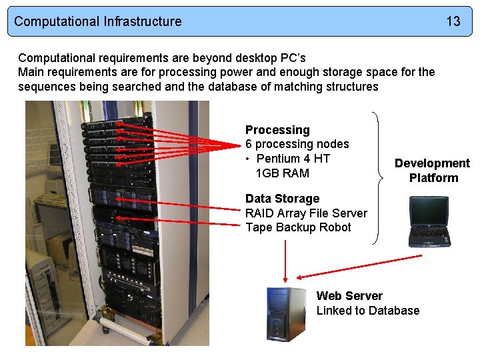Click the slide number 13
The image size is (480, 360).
(x=453, y=21)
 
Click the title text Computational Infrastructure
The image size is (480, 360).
(x=97, y=21)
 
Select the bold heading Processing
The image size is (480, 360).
(x=277, y=130)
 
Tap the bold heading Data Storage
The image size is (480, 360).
(x=282, y=199)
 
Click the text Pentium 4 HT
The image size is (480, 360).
(x=293, y=159)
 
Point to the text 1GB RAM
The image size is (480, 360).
(x=282, y=173)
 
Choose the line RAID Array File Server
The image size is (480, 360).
(x=306, y=213)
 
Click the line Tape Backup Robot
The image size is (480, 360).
(x=298, y=227)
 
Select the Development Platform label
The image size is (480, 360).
(x=432, y=171)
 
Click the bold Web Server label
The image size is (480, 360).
(x=349, y=296)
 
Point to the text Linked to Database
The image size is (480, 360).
(x=368, y=311)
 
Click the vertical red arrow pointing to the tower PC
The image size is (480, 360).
(x=285, y=260)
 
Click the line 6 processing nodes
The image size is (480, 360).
(x=297, y=144)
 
